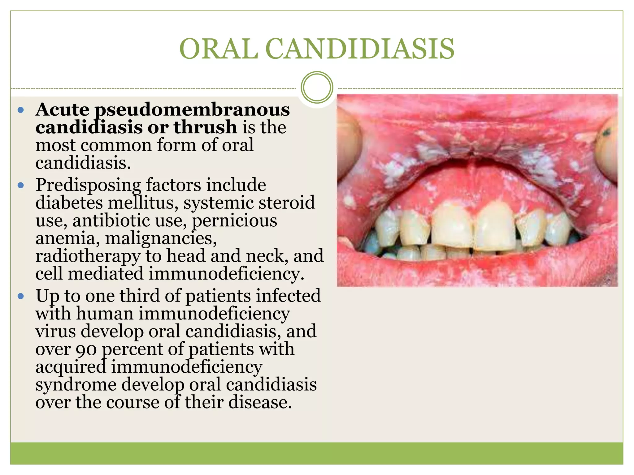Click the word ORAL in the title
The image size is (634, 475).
pyautogui.click(x=219, y=49)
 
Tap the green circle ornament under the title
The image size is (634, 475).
pyautogui.click(x=317, y=87)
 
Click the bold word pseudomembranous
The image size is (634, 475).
pyautogui.click(x=192, y=110)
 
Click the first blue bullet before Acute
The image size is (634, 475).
pyautogui.click(x=21, y=110)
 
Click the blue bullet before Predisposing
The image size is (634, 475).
pyautogui.click(x=21, y=185)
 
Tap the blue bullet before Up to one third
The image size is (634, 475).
pyautogui.click(x=21, y=296)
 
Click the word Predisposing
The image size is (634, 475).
pyautogui.click(x=88, y=185)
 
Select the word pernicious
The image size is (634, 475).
pyautogui.click(x=234, y=221)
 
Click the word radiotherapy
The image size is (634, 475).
pyautogui.click(x=88, y=256)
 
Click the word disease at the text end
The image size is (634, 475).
pyautogui.click(x=260, y=403)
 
